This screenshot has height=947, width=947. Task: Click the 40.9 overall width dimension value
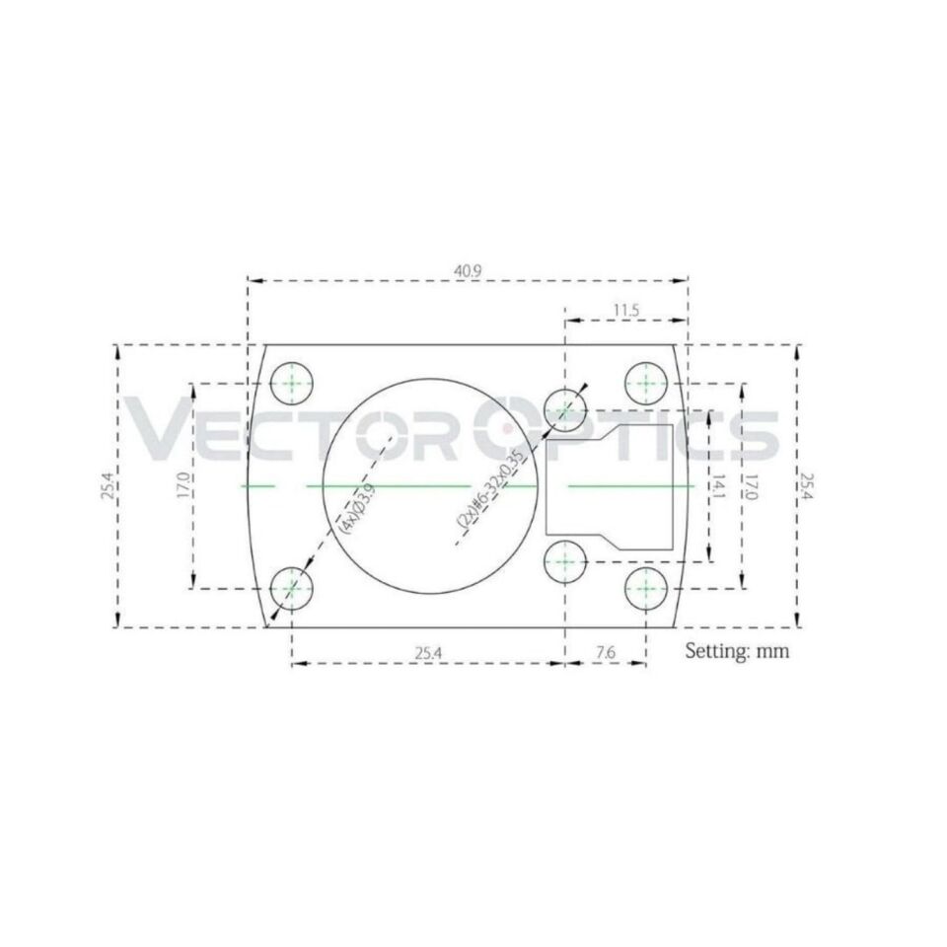pyautogui.click(x=469, y=268)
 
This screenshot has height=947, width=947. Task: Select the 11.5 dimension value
pyautogui.click(x=625, y=310)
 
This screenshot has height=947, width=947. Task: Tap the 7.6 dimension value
pyautogui.click(x=606, y=652)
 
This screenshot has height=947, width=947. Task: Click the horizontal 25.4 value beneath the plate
pyautogui.click(x=427, y=652)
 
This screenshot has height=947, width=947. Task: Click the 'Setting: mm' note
pyautogui.click(x=737, y=651)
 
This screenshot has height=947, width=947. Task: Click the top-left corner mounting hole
pyautogui.click(x=292, y=383)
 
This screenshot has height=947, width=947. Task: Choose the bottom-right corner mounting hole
pyautogui.click(x=646, y=587)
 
